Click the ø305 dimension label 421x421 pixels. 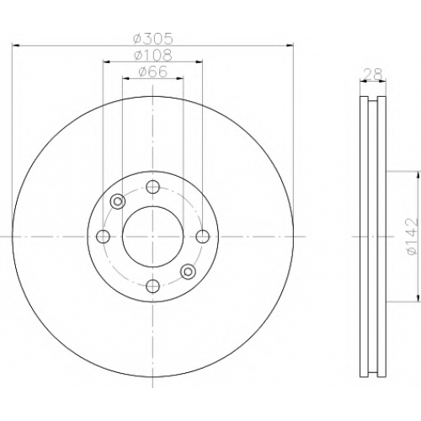pos(152,39)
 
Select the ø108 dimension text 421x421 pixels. pos(152,56)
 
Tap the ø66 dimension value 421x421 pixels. pos(152,72)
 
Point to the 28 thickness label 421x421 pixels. pos(373,74)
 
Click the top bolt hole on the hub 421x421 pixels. pos(153,187)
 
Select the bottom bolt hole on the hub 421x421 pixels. pos(153,286)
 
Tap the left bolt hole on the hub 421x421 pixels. pos(103,237)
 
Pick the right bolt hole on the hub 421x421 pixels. pos(202,237)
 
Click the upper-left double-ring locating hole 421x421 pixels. pos(118,201)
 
